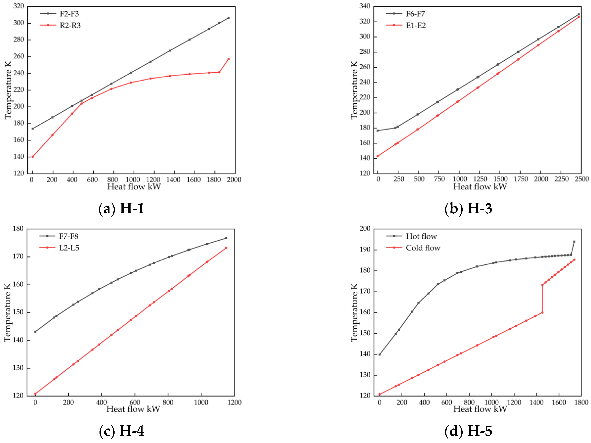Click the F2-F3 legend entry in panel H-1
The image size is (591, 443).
pos(69,14)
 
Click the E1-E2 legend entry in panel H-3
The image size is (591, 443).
pos(415,25)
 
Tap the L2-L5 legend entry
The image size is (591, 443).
pos(69,248)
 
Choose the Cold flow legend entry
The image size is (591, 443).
pos(423,248)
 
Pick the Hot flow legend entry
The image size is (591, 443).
pos(421,236)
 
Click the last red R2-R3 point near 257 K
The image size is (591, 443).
pos(228,59)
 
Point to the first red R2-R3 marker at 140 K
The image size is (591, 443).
pos(33,157)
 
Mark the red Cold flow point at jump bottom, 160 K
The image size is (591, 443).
pos(542,313)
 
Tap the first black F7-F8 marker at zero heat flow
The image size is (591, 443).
pos(35,332)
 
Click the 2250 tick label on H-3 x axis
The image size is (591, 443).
pos(561,179)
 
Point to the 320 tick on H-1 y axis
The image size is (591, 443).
pos(19,6)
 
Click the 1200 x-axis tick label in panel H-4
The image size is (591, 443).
pos(234,402)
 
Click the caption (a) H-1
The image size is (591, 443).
pos(122,209)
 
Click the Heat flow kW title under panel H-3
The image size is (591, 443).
pos(480,186)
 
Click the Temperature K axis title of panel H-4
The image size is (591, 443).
pos(7,313)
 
